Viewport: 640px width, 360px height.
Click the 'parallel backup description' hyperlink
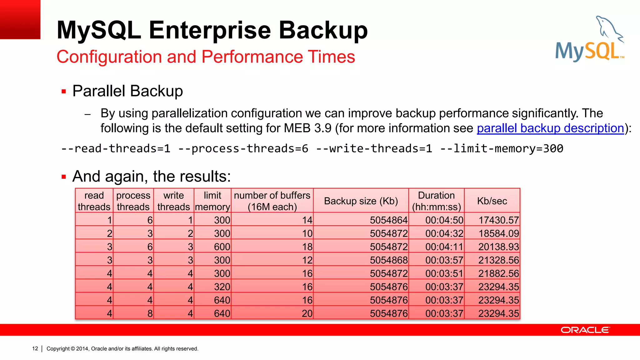click(550, 128)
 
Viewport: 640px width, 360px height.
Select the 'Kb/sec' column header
click(492, 201)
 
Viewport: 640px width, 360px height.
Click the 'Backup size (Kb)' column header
click(361, 201)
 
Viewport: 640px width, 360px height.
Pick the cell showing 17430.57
click(498, 220)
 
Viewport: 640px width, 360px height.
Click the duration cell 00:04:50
click(444, 220)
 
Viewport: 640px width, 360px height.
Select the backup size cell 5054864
click(388, 220)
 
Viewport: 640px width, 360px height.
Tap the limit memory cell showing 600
click(222, 247)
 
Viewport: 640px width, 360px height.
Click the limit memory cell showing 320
click(222, 287)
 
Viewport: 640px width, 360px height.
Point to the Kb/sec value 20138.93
click(498, 247)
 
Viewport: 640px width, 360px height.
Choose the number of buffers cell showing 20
click(307, 313)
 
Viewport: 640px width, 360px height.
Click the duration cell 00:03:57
click(444, 260)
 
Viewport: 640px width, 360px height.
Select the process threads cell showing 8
click(150, 313)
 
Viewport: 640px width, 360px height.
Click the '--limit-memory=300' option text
click(502, 148)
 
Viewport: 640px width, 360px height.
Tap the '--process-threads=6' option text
click(243, 148)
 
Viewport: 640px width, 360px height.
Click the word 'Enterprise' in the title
click(210, 30)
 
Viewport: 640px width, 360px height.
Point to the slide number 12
click(35, 348)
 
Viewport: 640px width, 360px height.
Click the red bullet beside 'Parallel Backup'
click(64, 92)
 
